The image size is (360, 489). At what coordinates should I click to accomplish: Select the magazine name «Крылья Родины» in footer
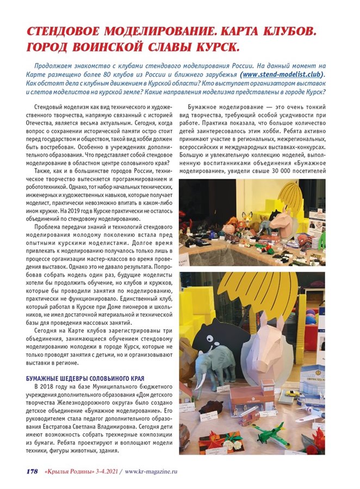(x=69, y=471)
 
